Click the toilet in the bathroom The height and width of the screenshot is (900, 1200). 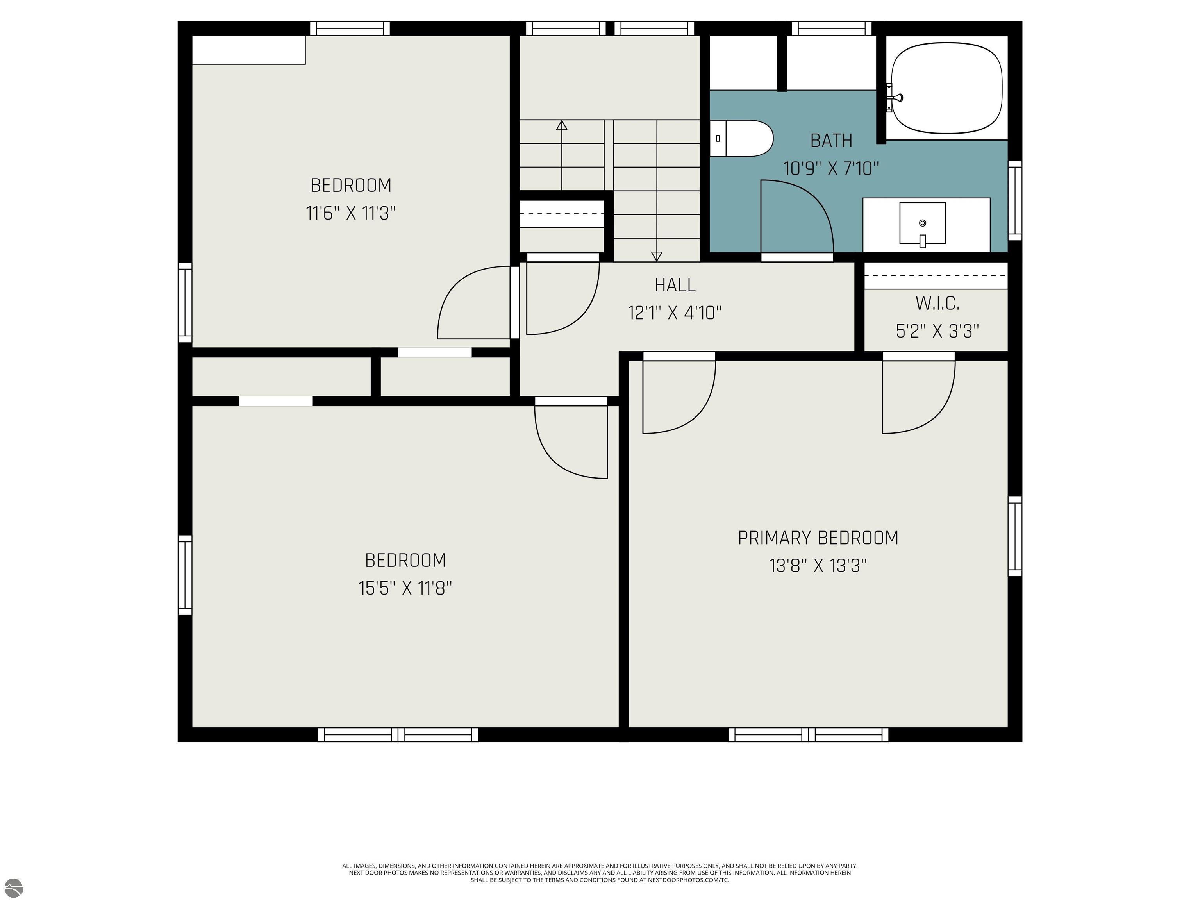741,138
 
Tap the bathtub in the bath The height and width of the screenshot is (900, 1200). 946,88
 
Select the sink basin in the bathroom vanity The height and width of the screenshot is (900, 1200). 922,223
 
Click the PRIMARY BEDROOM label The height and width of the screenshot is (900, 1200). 818,537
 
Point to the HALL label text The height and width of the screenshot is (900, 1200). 675,285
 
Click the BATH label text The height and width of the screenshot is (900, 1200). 831,141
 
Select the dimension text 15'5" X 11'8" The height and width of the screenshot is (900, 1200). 405,588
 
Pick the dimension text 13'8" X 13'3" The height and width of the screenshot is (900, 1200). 818,566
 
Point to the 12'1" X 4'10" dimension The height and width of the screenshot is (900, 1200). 675,313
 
